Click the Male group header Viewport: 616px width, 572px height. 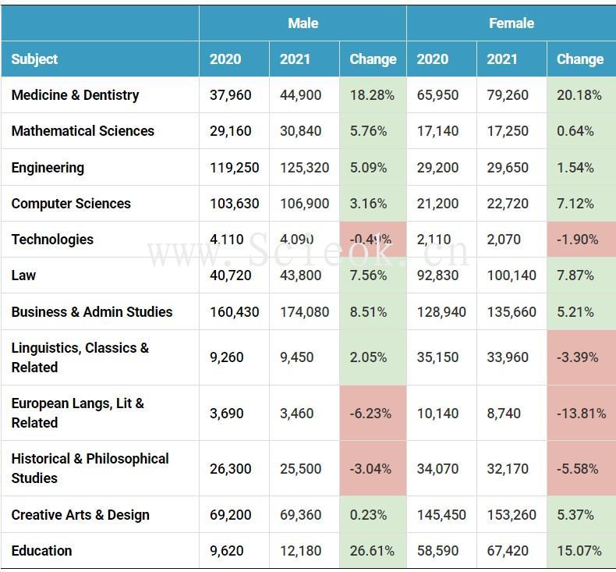[303, 23]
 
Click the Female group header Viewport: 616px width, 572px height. [512, 23]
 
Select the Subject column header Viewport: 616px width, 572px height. [35, 59]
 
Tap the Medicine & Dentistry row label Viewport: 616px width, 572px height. [75, 95]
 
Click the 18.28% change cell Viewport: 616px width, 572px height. [372, 95]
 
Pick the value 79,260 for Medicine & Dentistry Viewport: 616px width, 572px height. [508, 95]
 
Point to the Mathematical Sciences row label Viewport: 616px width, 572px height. [83, 131]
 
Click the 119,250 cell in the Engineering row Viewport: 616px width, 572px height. [234, 168]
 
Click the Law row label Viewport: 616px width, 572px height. [23, 275]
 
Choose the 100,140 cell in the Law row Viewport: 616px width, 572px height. [511, 275]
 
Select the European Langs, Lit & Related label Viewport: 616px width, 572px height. [77, 413]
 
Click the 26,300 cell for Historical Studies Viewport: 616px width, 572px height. [230, 469]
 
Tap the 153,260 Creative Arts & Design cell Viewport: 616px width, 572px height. [511, 515]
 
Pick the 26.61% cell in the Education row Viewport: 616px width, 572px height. [372, 551]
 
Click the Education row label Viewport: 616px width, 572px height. [41, 551]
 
